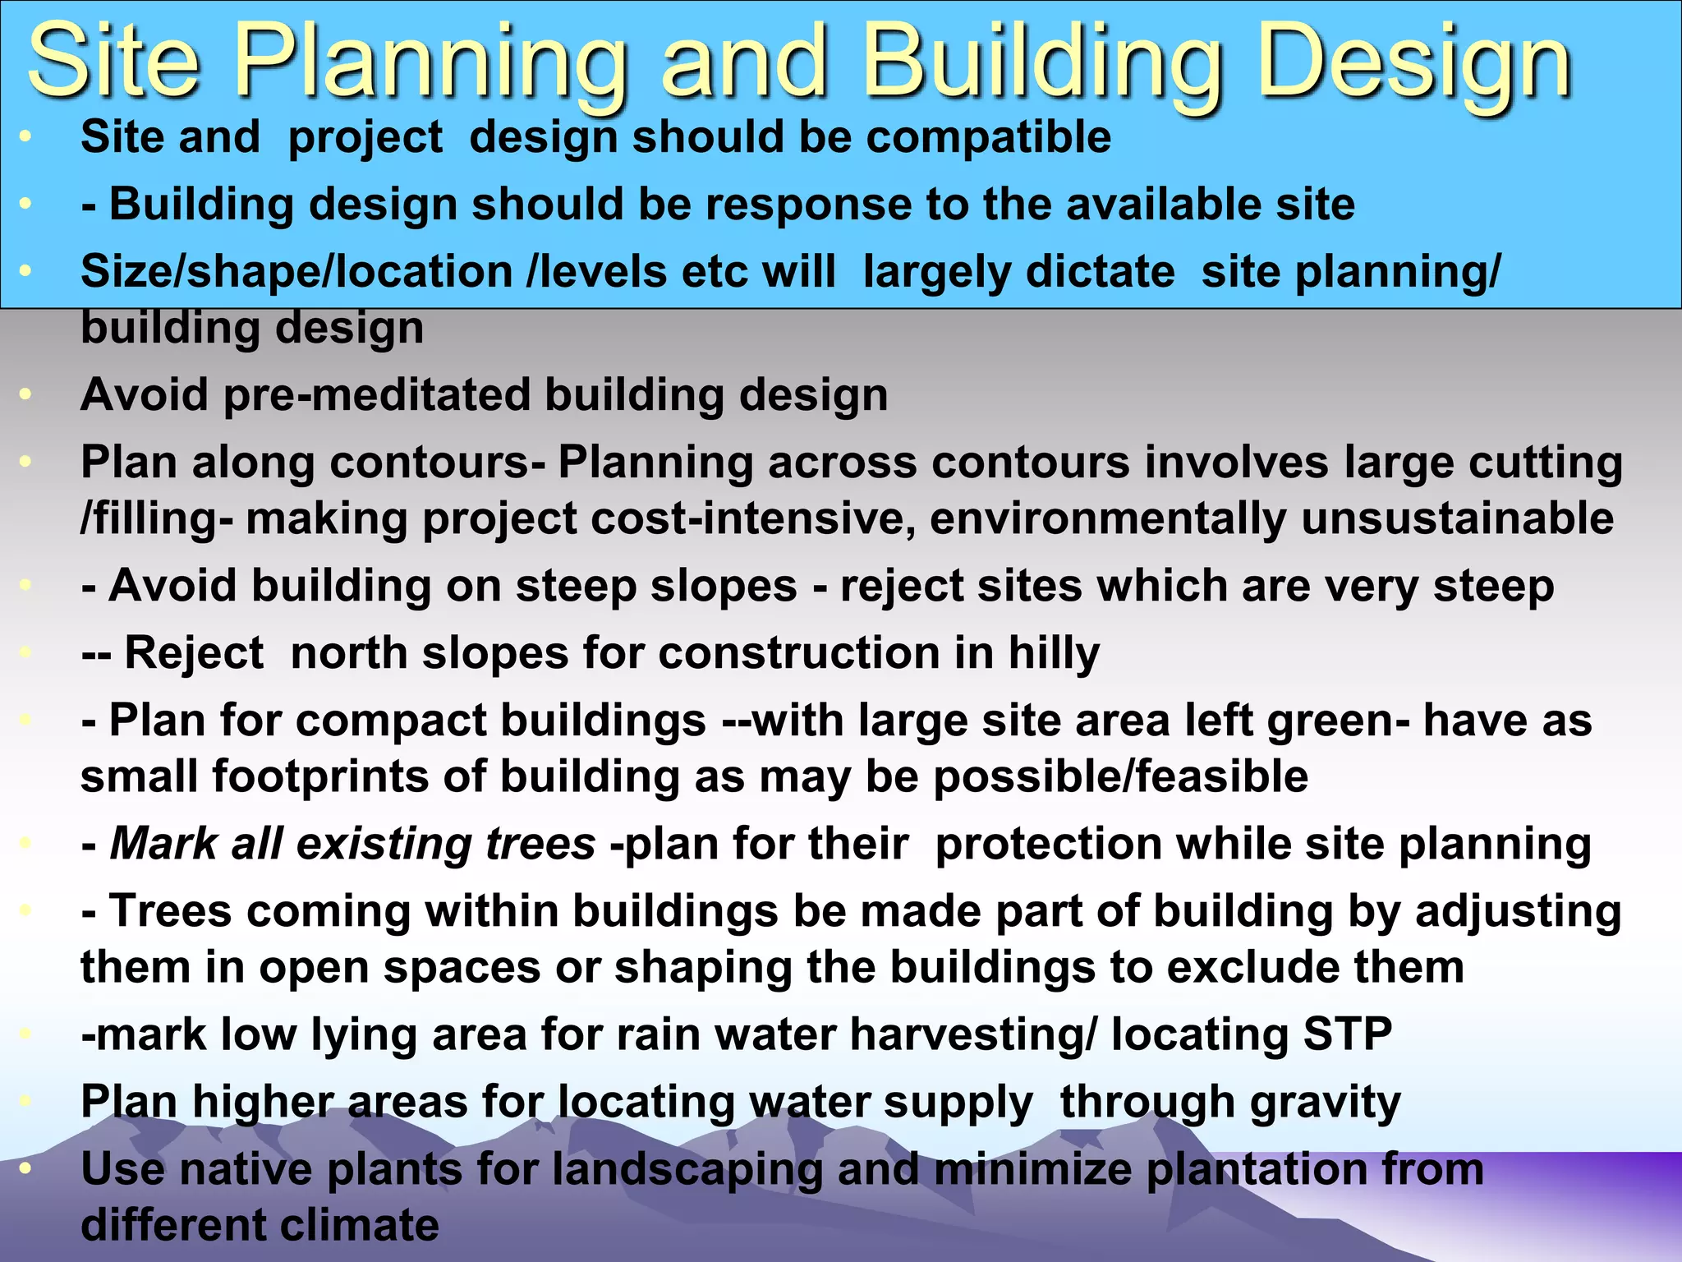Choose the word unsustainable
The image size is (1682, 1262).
pyautogui.click(x=1457, y=518)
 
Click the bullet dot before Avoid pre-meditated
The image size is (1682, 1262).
pyautogui.click(x=25, y=395)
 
